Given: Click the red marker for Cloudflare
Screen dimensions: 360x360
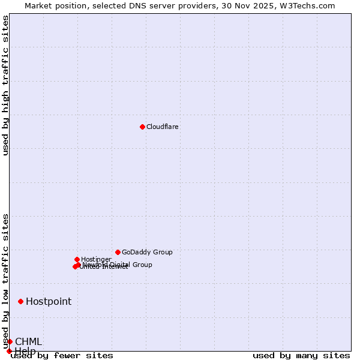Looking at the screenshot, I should click(x=142, y=127).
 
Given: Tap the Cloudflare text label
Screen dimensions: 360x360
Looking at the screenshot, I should click(x=163, y=127).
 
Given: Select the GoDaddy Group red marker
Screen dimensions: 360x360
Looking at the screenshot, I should click(x=118, y=252).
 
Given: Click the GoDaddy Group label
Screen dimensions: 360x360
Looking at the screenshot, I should click(x=147, y=253).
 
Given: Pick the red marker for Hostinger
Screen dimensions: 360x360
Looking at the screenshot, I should click(x=77, y=259).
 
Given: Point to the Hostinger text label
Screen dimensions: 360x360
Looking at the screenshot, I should click(x=96, y=260).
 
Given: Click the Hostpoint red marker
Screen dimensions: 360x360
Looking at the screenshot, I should click(x=20, y=301).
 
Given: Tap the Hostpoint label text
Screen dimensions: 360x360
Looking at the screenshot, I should click(x=49, y=302).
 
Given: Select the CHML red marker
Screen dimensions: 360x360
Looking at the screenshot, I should click(x=10, y=341).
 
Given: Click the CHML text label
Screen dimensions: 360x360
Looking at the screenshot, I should click(x=29, y=342).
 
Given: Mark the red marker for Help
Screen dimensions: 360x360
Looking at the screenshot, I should click(x=9, y=351).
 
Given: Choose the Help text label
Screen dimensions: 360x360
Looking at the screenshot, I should click(x=25, y=351).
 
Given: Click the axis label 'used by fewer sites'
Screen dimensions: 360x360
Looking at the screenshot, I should click(x=62, y=356).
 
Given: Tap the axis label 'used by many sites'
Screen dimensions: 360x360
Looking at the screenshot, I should click(x=301, y=356).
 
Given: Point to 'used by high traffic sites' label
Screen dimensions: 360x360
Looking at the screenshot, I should click(x=6, y=85).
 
